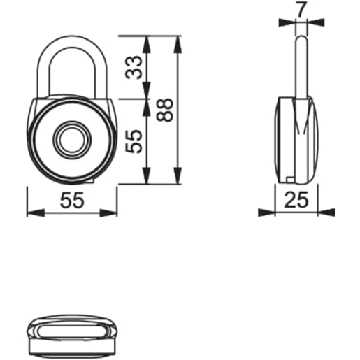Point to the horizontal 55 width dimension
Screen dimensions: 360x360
pos(71,201)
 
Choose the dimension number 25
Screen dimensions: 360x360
pos(297,201)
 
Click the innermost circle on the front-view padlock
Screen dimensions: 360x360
pos(71,140)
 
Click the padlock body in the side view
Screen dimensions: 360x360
pos(297,140)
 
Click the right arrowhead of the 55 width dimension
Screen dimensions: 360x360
pos(111,213)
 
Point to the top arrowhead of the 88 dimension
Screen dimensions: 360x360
pos(177,41)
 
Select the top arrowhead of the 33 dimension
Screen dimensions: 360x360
pos(147,41)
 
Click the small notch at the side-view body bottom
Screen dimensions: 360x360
pos(290,179)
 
